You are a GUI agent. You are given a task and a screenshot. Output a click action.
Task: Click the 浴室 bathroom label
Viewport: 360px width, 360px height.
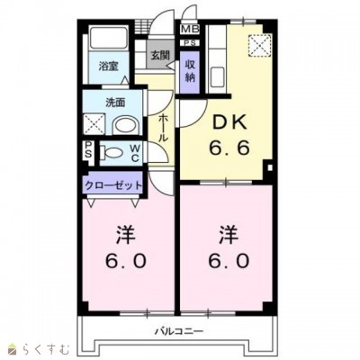tap(109, 66)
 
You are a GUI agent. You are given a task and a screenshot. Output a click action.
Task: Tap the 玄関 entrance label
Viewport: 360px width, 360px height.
tap(159, 55)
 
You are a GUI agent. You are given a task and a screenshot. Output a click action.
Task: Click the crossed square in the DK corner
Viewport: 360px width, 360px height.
tap(260, 43)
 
